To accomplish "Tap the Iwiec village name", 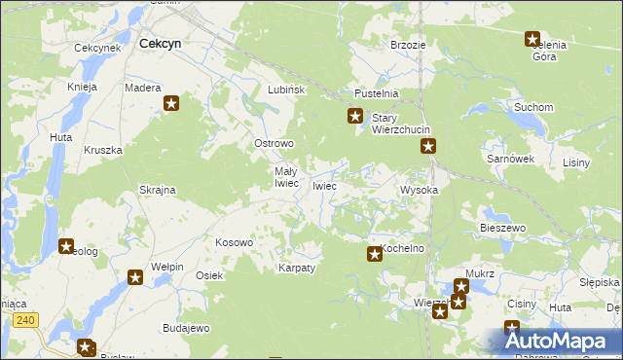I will tap(324, 186).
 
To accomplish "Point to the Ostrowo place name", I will tap(274, 144).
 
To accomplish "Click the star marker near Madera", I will tap(172, 103).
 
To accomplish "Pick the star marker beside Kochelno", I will tap(374, 255).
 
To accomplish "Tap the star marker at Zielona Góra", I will tap(532, 40).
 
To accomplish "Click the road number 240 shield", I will tap(26, 319).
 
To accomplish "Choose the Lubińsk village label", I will tap(287, 90).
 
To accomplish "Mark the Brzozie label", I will tap(408, 45).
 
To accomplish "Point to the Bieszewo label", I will tap(502, 228).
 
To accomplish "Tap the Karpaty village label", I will tap(297, 268).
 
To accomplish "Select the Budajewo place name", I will tap(186, 328).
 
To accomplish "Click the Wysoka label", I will tap(420, 191).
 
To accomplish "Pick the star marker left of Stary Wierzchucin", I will tap(356, 118).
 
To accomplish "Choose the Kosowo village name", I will tap(234, 242).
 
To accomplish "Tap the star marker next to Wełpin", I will tap(135, 278).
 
